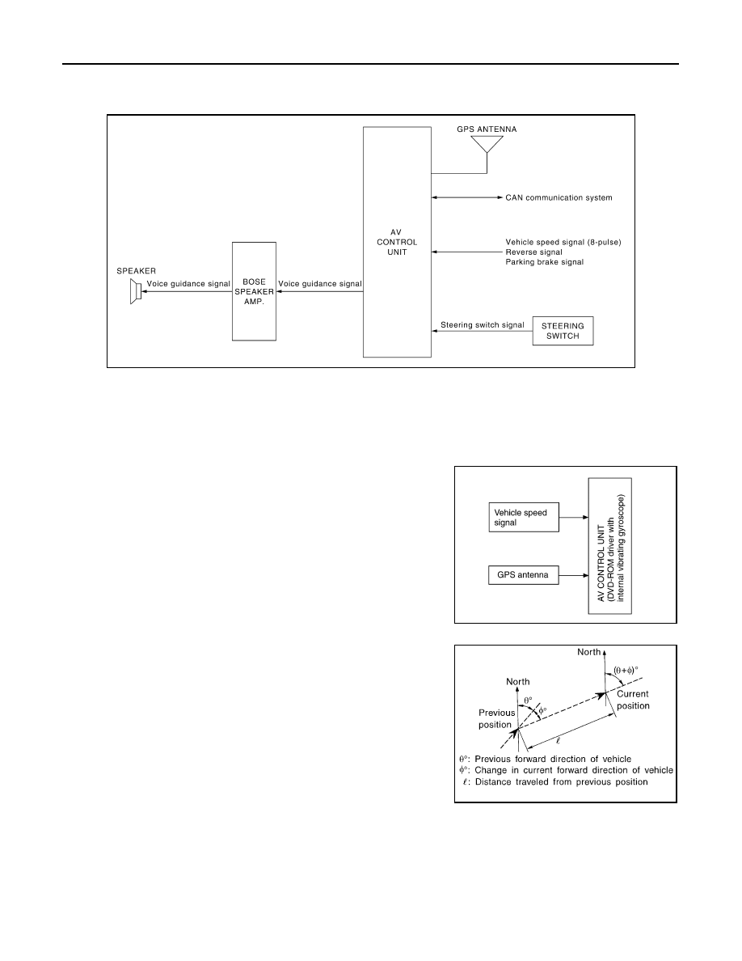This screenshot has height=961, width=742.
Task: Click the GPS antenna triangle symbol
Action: point(487,144)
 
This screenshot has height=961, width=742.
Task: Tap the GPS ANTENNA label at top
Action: point(487,129)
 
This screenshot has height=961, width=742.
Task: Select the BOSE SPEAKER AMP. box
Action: point(254,291)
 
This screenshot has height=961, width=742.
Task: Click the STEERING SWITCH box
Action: point(563,331)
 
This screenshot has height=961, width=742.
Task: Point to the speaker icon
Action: point(136,291)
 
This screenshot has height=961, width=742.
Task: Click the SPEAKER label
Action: point(136,271)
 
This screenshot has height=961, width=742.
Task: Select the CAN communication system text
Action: point(559,197)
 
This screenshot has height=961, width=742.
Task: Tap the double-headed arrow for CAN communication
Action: point(466,197)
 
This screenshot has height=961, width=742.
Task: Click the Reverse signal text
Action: point(533,252)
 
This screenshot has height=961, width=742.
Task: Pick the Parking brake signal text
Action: point(544,262)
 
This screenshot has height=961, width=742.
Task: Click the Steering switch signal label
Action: point(483,325)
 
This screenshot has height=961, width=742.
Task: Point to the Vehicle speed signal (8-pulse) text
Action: point(563,242)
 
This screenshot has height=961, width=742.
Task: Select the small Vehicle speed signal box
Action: point(524,517)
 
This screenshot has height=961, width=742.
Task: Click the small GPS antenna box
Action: point(524,575)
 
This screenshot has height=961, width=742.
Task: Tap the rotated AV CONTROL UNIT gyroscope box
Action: point(609,546)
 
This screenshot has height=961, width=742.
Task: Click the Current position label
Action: point(633,699)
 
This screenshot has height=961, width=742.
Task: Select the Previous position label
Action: point(496,718)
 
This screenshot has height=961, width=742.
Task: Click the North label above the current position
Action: point(589,652)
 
